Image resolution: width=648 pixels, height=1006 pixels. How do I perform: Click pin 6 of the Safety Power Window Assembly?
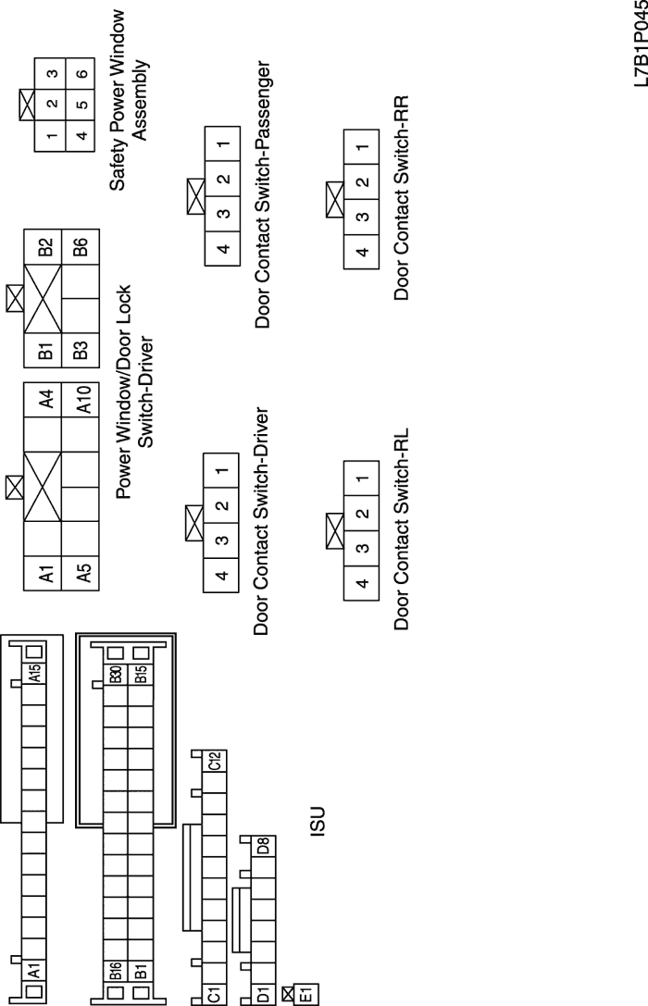point(82,73)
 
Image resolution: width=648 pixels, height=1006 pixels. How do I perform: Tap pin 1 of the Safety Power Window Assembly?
point(51,135)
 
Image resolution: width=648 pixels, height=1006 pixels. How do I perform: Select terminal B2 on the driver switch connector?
point(44,247)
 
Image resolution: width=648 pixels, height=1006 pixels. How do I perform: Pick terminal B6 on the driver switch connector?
point(81,247)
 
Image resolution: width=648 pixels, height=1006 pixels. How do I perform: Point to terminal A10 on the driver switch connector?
point(81,400)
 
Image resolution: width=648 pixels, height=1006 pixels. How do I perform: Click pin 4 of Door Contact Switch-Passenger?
point(222,248)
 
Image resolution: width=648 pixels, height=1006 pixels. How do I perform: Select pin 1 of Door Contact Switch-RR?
point(362,147)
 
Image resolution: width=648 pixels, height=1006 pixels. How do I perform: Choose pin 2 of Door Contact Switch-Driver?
point(221,505)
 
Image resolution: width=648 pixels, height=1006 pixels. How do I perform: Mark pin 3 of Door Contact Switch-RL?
point(362,549)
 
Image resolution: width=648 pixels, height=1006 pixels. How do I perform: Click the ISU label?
point(318,822)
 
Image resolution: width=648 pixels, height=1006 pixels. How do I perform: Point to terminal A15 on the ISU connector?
point(34,673)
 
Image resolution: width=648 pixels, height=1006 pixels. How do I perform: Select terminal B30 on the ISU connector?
point(116,674)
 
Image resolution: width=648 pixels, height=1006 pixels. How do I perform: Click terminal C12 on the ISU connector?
point(214,761)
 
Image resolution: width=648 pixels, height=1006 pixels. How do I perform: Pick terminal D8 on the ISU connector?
point(264,846)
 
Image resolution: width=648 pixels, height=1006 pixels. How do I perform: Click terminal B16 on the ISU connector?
point(116,972)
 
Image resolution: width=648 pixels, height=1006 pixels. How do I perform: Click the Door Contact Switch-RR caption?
point(401,198)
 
